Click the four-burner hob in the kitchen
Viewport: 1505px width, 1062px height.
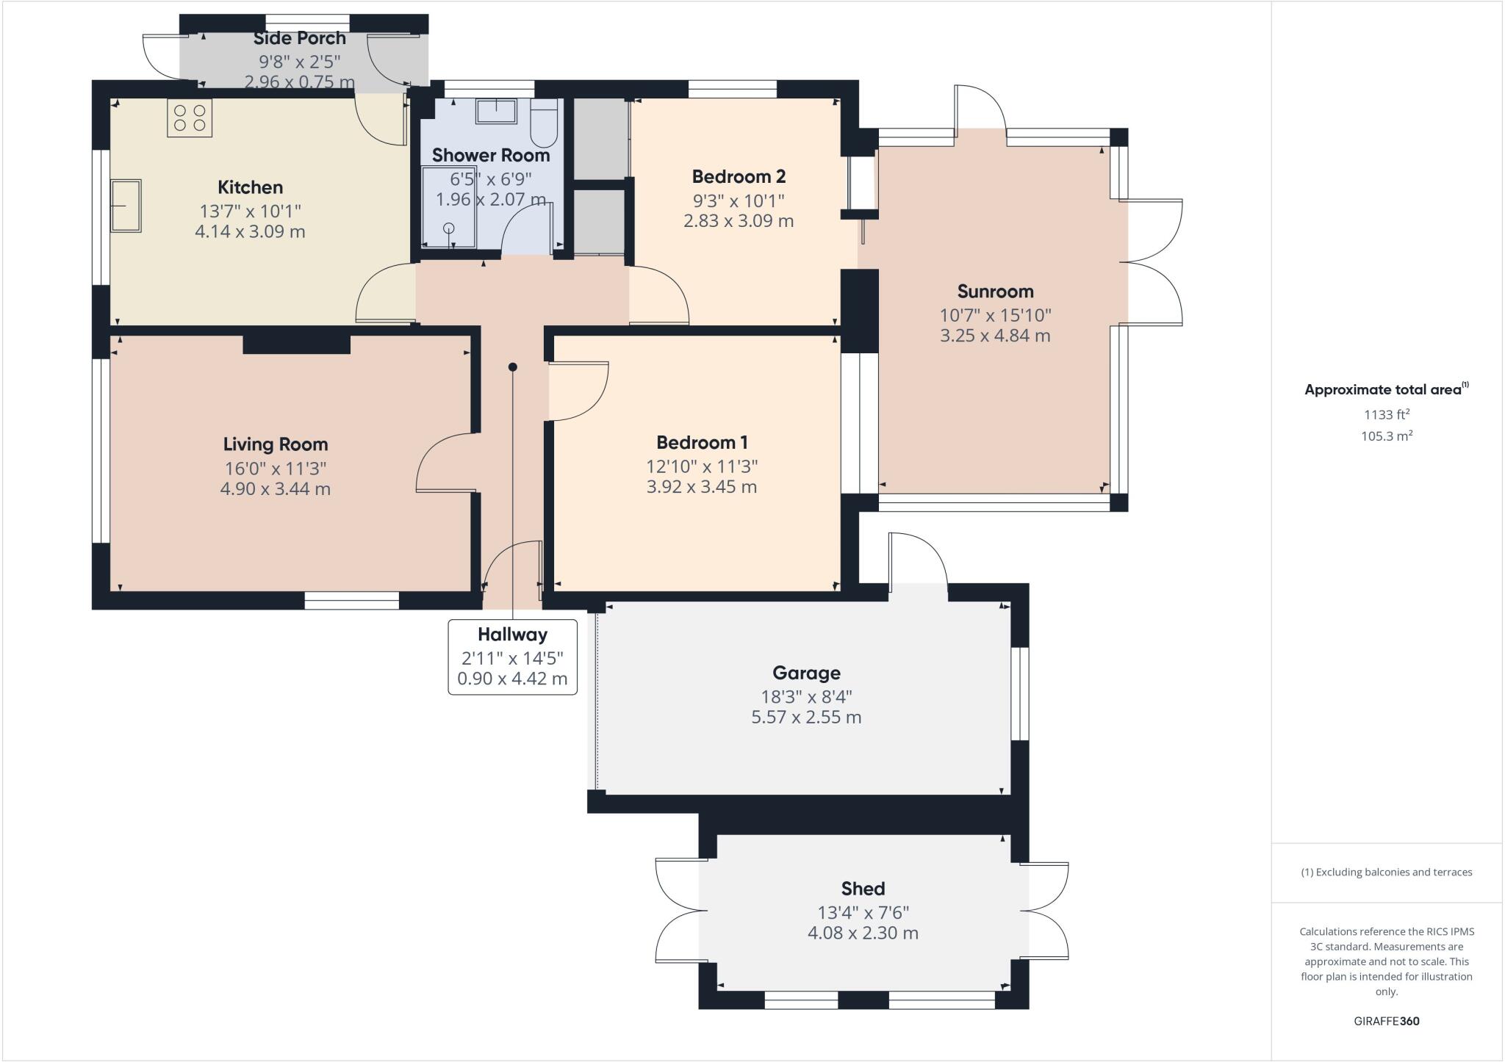click(190, 118)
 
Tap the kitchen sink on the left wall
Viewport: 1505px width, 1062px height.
click(126, 206)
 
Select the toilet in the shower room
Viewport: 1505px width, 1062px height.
click(545, 126)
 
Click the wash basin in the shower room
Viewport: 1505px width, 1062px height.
click(496, 112)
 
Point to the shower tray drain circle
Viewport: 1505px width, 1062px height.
click(449, 228)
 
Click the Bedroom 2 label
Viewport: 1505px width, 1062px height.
click(739, 177)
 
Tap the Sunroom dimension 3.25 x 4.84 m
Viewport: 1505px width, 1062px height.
click(995, 336)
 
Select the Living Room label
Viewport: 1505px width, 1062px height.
click(276, 444)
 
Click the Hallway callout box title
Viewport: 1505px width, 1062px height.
click(512, 635)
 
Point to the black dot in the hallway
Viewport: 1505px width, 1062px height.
click(513, 367)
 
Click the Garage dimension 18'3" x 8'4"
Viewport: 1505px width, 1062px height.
click(806, 696)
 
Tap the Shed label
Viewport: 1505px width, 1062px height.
click(863, 889)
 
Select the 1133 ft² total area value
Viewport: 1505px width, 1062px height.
click(1387, 414)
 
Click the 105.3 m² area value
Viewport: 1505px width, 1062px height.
click(1387, 436)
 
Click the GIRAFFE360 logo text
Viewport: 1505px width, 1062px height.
click(1386, 1021)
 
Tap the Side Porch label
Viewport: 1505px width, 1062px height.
click(300, 38)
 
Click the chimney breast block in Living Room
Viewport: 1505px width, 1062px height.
click(296, 344)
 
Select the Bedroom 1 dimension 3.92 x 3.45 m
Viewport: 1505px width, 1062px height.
click(701, 487)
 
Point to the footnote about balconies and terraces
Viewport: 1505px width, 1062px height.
click(1386, 873)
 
